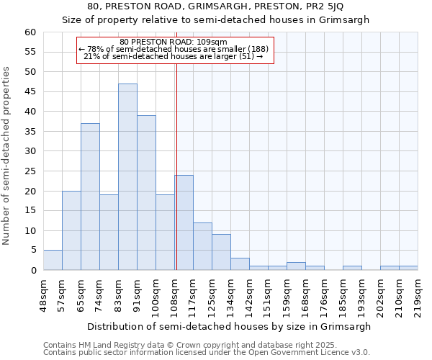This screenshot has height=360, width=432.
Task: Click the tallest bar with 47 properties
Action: point(127,177)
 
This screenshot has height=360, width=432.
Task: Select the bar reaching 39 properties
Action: point(146,193)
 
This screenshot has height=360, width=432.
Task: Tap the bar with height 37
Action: point(90,197)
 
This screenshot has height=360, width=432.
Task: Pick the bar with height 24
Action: point(184,222)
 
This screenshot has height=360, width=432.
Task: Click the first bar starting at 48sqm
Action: point(53,260)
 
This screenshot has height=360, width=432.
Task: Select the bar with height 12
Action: point(202,246)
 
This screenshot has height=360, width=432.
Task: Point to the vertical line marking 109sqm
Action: point(176,166)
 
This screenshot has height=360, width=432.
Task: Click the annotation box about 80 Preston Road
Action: point(175,50)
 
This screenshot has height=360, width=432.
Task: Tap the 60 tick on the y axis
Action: point(30,32)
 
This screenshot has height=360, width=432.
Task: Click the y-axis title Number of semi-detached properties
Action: point(7,156)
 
